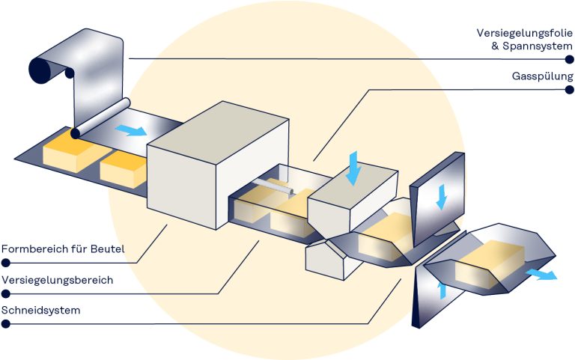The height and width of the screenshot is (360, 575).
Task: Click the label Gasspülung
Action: pyautogui.click(x=542, y=76)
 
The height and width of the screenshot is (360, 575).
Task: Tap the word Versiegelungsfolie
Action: pyautogui.click(x=525, y=33)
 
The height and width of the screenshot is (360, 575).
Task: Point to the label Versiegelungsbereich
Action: pyautogui.click(x=57, y=280)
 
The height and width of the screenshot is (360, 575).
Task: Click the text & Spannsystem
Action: pyautogui.click(x=530, y=46)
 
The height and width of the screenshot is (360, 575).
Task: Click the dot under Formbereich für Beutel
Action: pyautogui.click(x=6, y=263)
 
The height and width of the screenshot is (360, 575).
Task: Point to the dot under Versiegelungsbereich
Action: pyautogui.click(x=6, y=294)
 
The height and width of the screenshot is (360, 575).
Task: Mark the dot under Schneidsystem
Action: pyautogui.click(x=6, y=324)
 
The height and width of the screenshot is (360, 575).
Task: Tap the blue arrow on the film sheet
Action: pyautogui.click(x=131, y=130)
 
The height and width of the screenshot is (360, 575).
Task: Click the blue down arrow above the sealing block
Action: pyautogui.click(x=354, y=168)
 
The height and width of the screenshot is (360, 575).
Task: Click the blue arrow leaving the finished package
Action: pyautogui.click(x=541, y=274)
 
